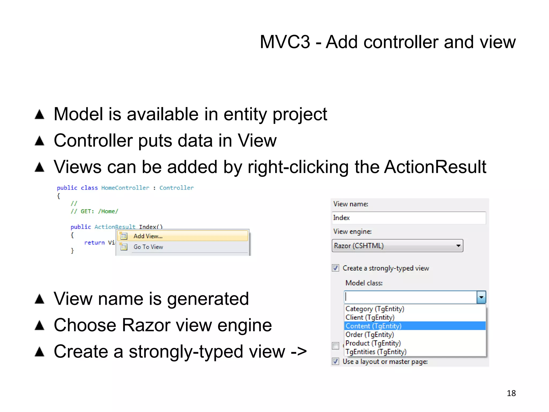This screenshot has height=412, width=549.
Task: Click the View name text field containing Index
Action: (x=409, y=218)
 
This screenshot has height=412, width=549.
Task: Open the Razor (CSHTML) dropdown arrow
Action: (x=458, y=246)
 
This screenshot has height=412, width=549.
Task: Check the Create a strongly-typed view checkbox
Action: (x=335, y=268)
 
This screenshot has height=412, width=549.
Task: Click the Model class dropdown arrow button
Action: (x=481, y=297)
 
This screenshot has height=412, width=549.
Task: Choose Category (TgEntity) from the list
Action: (x=375, y=309)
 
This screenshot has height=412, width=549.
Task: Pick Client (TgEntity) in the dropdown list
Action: (x=370, y=317)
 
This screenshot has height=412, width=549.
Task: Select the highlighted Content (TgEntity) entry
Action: (x=373, y=326)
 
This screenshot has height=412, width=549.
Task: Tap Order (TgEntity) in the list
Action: (x=370, y=334)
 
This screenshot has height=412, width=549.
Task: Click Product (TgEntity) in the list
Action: (x=373, y=343)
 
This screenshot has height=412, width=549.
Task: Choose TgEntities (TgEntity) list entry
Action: (x=376, y=352)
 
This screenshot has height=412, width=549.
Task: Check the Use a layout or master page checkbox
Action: (x=335, y=361)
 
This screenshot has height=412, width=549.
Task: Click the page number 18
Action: (x=511, y=393)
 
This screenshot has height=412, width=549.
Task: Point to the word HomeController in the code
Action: (x=125, y=188)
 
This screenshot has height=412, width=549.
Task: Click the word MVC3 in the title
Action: (x=285, y=42)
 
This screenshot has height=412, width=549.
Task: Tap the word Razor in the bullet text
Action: (x=146, y=325)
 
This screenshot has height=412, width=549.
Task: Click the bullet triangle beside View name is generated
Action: (x=40, y=299)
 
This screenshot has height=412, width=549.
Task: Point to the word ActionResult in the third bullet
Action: (x=435, y=167)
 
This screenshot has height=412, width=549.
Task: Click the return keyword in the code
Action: (x=94, y=243)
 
